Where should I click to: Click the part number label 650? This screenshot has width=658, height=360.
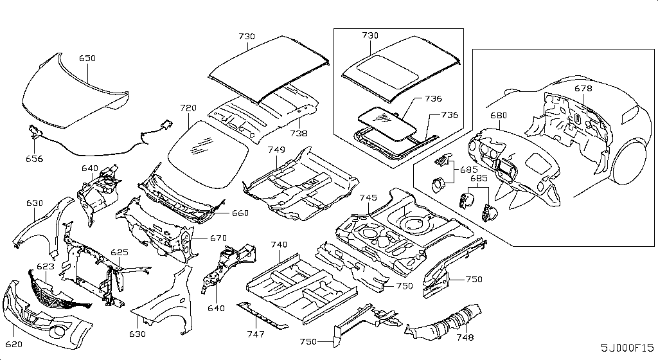87,59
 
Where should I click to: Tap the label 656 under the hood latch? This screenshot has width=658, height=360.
35,159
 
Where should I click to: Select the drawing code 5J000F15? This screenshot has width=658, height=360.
627,348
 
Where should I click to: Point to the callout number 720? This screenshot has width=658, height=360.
188,108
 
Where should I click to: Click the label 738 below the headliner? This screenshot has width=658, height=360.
298,134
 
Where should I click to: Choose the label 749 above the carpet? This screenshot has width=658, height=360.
276,150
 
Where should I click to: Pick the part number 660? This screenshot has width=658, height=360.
240,213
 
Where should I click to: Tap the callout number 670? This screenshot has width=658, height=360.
218,239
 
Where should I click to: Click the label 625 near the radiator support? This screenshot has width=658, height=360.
120,253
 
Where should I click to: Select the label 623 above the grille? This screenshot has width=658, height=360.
46,266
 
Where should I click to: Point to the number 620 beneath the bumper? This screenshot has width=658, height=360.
14,345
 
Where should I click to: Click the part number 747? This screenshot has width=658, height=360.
256,334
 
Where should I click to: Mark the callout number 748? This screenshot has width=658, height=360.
465,337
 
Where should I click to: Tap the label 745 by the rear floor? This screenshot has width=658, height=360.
368,197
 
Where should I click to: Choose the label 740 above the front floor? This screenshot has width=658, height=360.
279,245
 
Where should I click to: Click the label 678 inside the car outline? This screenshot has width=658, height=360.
583,89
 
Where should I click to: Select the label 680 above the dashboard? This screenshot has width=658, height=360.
499,115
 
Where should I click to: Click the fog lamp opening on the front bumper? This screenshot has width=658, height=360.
58,332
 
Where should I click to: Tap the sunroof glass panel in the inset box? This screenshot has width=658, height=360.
386,122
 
